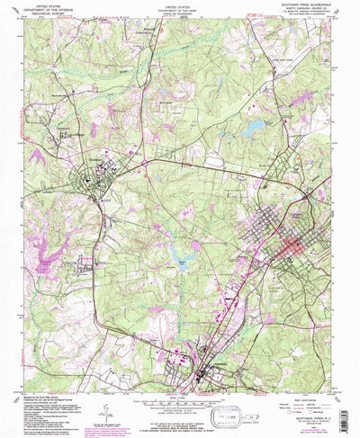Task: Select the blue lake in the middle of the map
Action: [182, 264]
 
